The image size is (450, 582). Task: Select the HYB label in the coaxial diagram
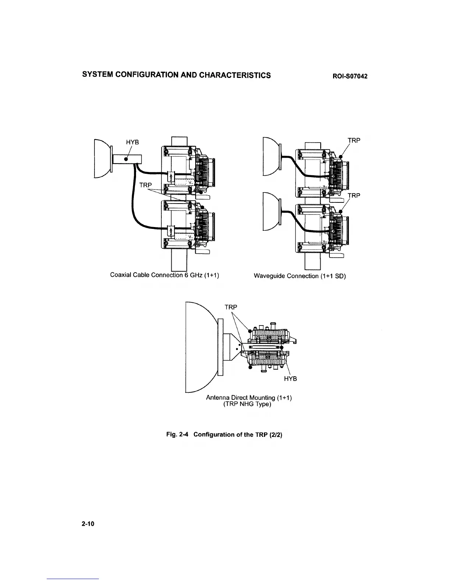(132, 143)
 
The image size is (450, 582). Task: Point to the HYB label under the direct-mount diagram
(290, 378)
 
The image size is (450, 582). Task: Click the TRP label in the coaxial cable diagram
(146, 185)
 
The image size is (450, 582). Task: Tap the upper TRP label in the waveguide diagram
(354, 140)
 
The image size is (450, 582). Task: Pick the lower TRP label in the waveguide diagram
(354, 195)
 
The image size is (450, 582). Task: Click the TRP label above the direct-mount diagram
(231, 307)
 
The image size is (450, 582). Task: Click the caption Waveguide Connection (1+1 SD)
(300, 276)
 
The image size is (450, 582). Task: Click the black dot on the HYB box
(126, 160)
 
